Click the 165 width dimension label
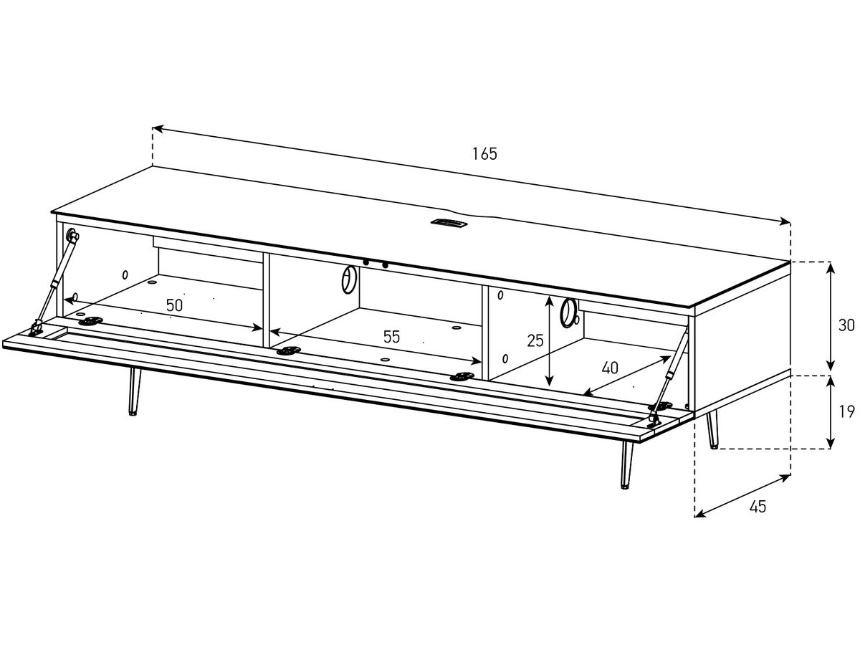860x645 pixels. click(x=484, y=154)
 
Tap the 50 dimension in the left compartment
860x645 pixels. click(x=174, y=305)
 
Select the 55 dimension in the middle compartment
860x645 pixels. click(x=391, y=336)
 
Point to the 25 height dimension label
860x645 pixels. click(x=535, y=340)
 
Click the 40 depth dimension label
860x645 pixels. click(x=610, y=368)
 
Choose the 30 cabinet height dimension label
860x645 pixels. click(x=846, y=325)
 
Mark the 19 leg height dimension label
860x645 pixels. click(x=846, y=411)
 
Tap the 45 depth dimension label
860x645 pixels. click(x=758, y=507)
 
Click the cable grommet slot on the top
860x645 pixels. click(x=448, y=223)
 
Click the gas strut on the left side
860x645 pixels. click(x=55, y=281)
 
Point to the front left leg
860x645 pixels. click(x=135, y=391)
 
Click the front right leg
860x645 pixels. click(x=626, y=466)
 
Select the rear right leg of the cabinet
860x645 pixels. click(x=712, y=430)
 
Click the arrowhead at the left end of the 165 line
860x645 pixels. click(x=157, y=128)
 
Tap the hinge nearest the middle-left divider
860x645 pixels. click(x=289, y=350)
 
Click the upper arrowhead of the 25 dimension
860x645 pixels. click(x=550, y=301)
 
